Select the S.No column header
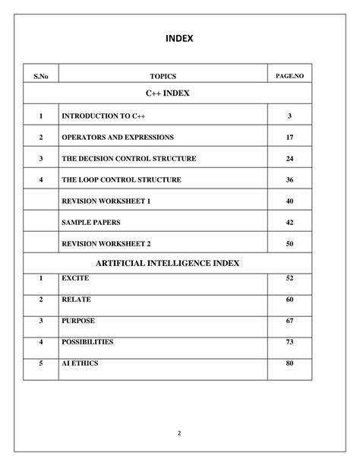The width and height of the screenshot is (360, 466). (x=40, y=76)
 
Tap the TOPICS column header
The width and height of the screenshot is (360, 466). (x=163, y=76)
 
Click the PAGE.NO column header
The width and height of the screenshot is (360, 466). (x=289, y=76)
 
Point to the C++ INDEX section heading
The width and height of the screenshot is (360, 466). (x=168, y=93)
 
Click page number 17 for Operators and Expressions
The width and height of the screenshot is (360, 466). (x=289, y=138)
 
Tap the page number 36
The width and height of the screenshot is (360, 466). (x=289, y=180)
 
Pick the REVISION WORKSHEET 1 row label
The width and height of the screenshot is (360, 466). (x=106, y=201)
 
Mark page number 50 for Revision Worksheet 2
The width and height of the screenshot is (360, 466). (x=289, y=243)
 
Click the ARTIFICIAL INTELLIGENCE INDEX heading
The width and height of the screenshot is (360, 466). (x=168, y=262)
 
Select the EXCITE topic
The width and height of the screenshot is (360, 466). (x=75, y=279)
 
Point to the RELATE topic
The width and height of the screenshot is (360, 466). (x=75, y=300)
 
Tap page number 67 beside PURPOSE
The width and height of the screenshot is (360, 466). (x=289, y=322)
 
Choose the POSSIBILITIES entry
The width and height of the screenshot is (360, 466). (x=87, y=342)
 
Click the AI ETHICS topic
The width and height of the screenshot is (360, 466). (x=80, y=363)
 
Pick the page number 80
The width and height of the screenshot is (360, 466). (x=289, y=363)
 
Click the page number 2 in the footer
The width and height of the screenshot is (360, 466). (x=179, y=433)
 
